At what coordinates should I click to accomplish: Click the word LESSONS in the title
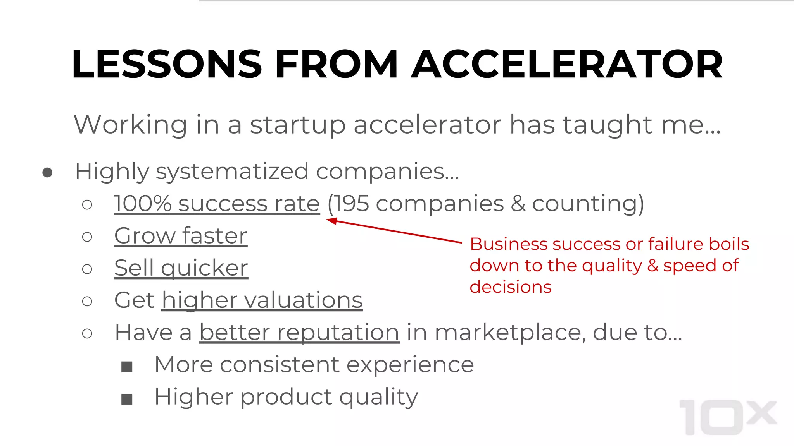coord(167,64)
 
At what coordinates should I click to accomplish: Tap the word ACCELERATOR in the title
coord(567,64)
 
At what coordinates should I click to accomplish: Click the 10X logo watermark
coord(728,417)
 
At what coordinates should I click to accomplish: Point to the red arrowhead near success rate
coord(331,221)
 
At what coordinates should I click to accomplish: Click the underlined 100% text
coord(143,204)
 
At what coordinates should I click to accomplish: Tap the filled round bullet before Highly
coord(47,172)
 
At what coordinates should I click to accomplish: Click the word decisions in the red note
coord(510,287)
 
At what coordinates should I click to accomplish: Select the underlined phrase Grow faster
coord(181,236)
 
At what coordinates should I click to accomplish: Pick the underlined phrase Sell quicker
coord(181,268)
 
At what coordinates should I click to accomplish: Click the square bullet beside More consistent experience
coord(127,366)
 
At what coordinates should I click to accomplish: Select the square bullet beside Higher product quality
coord(127,398)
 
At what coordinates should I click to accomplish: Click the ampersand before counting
coord(518,204)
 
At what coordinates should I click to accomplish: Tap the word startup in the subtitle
coord(297,125)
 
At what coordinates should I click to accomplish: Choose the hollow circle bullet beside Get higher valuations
coord(87,301)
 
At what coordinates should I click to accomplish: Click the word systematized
coord(232,172)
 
